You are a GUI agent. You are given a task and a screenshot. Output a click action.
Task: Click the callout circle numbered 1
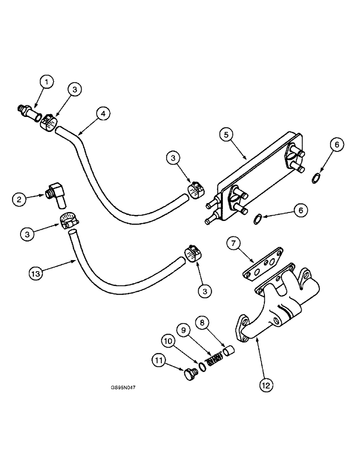click(x=46, y=83)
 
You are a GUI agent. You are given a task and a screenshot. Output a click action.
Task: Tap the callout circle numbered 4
click(x=103, y=113)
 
